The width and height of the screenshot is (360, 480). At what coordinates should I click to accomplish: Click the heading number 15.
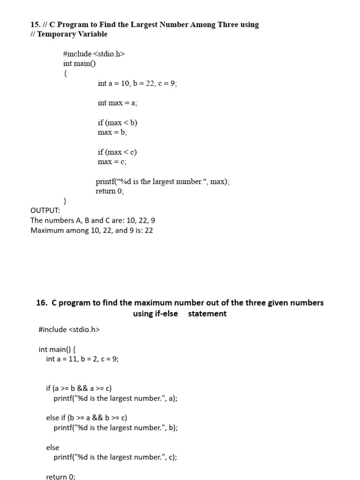coord(35,24)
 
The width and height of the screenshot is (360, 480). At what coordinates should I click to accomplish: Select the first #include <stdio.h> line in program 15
coord(94,54)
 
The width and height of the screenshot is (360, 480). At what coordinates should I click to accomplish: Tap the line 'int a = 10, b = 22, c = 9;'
coord(137,83)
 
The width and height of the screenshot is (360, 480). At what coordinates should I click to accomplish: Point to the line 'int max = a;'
coord(117,103)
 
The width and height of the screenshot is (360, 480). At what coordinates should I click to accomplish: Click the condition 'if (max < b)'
coord(117,123)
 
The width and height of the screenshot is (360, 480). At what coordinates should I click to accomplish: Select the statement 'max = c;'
coord(112,162)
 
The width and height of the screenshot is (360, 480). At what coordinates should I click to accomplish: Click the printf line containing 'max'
coord(163,182)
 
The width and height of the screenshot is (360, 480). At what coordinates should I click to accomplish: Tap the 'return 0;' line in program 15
coord(110,191)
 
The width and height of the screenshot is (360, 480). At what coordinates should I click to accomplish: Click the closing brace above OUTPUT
coord(65,201)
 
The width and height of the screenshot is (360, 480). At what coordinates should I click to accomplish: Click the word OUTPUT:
coord(45,211)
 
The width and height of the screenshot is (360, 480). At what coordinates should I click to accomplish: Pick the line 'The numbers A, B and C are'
coord(93,220)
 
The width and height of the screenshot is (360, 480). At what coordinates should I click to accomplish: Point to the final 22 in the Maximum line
coord(149,230)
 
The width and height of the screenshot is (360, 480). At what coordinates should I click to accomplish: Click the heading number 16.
coord(41,303)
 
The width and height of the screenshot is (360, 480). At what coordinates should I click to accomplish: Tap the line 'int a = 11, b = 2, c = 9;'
coord(82,359)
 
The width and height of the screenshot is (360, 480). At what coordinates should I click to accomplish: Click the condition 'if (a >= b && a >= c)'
coord(79,388)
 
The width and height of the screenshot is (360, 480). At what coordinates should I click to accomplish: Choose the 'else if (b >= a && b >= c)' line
coord(87,418)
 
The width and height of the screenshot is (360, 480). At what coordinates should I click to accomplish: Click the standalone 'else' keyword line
coord(52,448)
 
